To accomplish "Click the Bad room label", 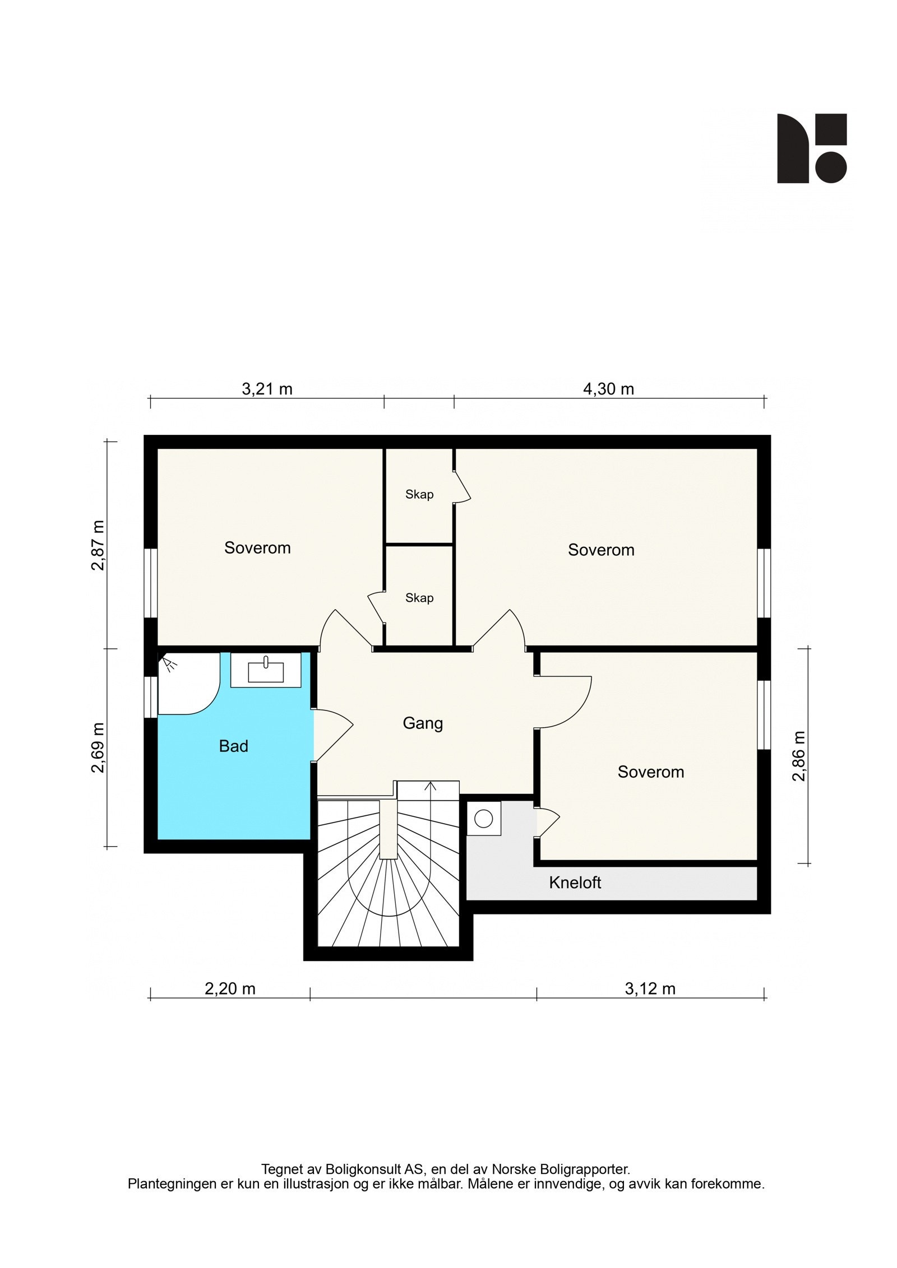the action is tap(233, 746).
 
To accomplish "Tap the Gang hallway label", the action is tap(423, 723).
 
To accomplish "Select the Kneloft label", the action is tap(575, 883).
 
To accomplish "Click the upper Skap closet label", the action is tap(419, 494).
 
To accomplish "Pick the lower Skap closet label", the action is tap(419, 598).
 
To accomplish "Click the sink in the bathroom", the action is tap(266, 670).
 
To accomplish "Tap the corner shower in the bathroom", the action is tap(188, 683).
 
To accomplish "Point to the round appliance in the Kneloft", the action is tap(483, 819).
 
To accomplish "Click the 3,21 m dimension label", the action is tap(267, 389).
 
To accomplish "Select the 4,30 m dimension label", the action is tap(608, 389).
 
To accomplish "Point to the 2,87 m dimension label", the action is tap(98, 545).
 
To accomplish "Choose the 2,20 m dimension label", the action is tap(230, 989).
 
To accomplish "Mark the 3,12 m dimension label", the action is tap(650, 989).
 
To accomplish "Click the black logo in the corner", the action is tap(812, 148).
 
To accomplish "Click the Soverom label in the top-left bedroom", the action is tap(257, 547).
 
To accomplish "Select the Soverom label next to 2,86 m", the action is tap(650, 772).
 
